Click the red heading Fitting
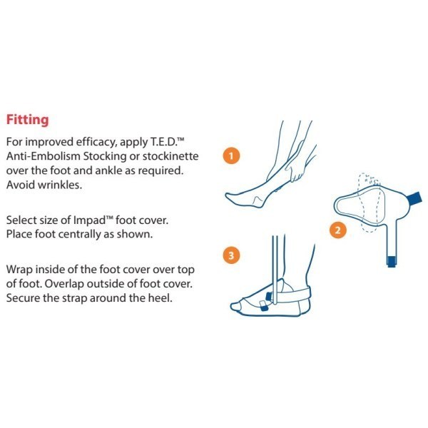tap(26, 117)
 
